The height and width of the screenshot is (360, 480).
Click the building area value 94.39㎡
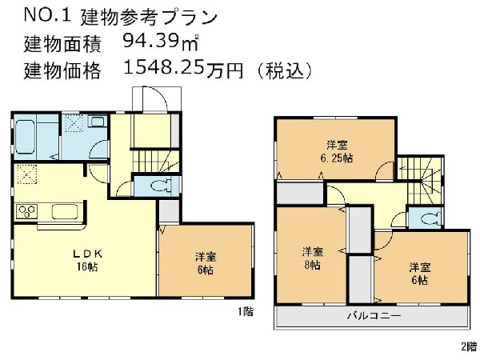click(x=161, y=41)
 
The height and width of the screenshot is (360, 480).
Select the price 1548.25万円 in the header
click(x=183, y=69)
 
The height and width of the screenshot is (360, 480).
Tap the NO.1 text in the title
click(x=47, y=14)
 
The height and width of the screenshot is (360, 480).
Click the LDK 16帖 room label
click(x=87, y=260)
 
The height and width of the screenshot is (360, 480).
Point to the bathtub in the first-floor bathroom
click(x=25, y=137)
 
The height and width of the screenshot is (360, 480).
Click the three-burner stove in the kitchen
click(x=27, y=211)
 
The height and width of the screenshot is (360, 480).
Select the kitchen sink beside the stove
click(x=65, y=211)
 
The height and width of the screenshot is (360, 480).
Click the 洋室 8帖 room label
click(x=312, y=258)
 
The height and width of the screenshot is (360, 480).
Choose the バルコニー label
click(x=374, y=315)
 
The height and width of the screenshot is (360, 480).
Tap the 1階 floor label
click(x=246, y=312)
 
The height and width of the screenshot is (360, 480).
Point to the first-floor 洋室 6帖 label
click(x=206, y=263)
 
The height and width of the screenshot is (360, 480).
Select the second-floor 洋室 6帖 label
click(x=420, y=274)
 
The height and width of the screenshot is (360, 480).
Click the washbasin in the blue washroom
click(x=98, y=122)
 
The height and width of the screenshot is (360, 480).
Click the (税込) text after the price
click(x=284, y=70)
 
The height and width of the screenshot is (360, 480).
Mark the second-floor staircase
click(x=421, y=180)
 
